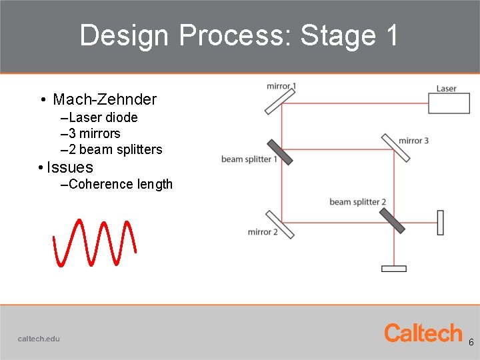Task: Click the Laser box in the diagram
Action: [449, 103]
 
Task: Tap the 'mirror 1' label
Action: [281, 86]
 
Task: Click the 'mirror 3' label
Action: [413, 141]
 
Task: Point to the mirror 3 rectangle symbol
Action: [396, 147]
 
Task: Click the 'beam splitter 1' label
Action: [249, 159]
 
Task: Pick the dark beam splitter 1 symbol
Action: [279, 152]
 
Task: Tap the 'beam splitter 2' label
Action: [357, 202]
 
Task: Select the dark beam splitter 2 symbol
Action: [392, 221]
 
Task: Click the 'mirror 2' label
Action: [263, 232]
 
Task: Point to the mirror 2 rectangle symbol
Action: [280, 224]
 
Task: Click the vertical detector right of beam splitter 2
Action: [440, 222]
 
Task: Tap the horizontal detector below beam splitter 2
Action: [393, 269]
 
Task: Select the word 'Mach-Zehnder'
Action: [105, 100]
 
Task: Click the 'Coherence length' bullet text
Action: [120, 185]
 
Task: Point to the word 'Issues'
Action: [70, 167]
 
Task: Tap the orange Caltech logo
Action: [423, 333]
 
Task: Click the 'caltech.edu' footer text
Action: [39, 339]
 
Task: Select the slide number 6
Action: [471, 342]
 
